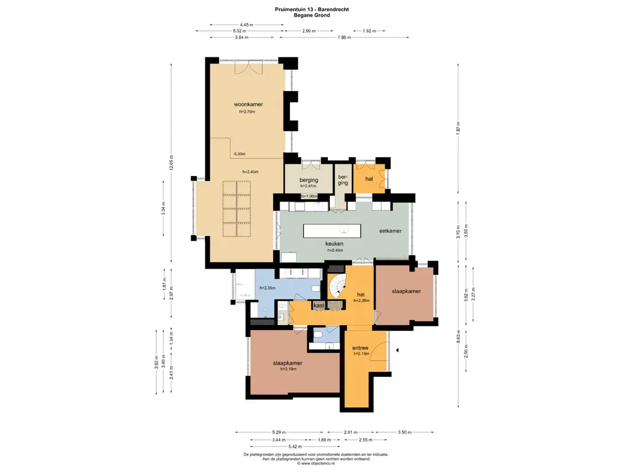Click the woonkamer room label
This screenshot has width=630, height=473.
249,105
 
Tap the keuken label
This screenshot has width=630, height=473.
334,244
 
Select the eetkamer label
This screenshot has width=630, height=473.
391,231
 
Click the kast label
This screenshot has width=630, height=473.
319,305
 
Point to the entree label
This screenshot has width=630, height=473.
361,348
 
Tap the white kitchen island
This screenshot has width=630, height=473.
332,231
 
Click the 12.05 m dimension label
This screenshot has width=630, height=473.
171,163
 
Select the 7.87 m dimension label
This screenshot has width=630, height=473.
458,128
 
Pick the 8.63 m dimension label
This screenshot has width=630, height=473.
458,337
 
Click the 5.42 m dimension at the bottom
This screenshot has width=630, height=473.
295,447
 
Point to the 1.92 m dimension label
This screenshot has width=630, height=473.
369,31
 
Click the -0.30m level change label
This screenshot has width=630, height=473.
239,154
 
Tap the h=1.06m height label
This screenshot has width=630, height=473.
309,196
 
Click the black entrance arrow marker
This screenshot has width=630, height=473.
397,350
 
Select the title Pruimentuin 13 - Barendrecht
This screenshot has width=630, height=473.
312,9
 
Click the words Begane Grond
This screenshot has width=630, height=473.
312,15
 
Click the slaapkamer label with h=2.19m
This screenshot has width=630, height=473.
288,363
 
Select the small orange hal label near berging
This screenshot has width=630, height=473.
369,179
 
